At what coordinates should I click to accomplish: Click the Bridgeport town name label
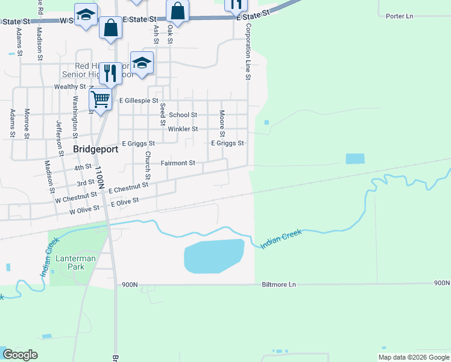(x=95, y=148)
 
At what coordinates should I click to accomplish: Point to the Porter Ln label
(x=400, y=16)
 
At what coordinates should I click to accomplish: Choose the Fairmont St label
(x=178, y=163)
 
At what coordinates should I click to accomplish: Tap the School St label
(x=183, y=115)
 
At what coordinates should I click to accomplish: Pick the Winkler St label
(x=183, y=129)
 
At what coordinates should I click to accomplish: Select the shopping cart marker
(x=101, y=99)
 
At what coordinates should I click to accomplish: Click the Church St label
(x=147, y=164)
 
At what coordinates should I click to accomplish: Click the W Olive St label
(x=84, y=211)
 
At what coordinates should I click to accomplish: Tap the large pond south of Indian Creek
(x=213, y=255)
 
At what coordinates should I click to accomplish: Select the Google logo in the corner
(x=20, y=355)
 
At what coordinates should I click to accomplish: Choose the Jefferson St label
(x=60, y=138)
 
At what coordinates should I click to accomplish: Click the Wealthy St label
(x=70, y=87)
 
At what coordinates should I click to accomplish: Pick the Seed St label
(x=162, y=113)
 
